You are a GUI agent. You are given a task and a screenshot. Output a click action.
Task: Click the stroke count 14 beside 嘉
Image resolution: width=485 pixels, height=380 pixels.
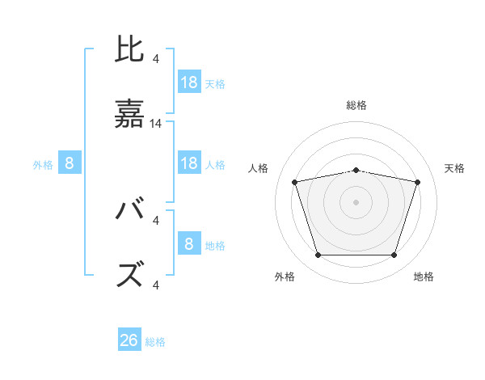click(156, 124)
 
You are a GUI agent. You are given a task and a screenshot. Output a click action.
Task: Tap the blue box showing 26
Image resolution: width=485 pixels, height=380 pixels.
click(129, 340)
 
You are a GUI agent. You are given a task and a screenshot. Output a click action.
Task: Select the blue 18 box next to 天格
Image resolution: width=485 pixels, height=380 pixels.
click(189, 82)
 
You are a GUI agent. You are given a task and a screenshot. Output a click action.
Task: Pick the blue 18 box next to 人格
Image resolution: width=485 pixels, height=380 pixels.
click(189, 163)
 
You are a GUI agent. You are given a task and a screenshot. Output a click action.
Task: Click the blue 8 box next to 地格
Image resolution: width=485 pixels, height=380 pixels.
click(189, 244)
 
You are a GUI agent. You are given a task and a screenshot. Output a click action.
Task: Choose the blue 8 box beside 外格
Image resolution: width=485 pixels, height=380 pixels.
click(70, 163)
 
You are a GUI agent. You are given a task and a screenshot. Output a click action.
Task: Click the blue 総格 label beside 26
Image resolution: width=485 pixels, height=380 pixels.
click(155, 342)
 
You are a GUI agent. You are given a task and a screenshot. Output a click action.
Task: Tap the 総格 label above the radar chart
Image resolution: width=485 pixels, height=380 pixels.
click(356, 105)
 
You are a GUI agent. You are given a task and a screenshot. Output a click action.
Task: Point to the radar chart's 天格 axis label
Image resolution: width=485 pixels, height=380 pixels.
click(454, 168)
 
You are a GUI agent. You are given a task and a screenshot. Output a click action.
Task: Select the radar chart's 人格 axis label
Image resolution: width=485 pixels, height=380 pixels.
click(259, 168)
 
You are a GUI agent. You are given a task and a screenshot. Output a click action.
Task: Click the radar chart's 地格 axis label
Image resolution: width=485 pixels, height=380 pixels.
click(424, 277)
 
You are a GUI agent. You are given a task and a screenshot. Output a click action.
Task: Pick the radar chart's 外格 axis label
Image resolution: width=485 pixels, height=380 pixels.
click(285, 277)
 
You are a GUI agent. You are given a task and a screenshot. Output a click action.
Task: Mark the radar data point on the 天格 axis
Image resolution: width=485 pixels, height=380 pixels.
click(417, 182)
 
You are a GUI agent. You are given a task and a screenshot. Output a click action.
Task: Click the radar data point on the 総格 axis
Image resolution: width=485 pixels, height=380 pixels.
click(356, 170)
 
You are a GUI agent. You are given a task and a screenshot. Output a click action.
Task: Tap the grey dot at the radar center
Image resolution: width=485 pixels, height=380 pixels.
click(356, 202)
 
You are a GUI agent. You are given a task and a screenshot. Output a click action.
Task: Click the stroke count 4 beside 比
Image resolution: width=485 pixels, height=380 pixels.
click(156, 58)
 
